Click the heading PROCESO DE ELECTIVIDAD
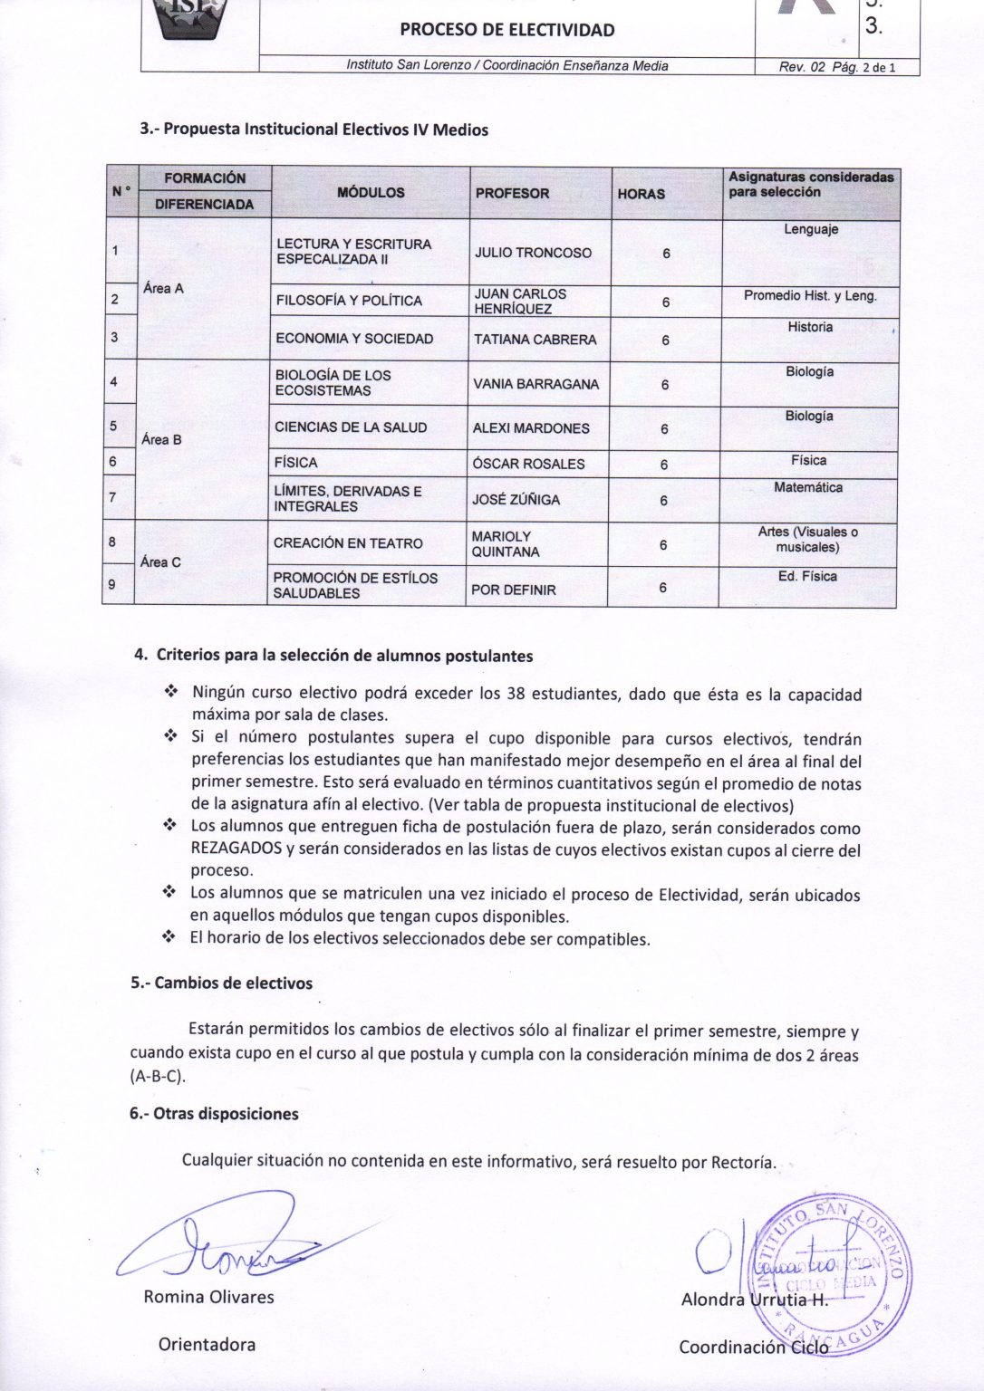point(506,30)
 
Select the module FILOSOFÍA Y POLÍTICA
point(349,301)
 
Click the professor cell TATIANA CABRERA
point(535,340)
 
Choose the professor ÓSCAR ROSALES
point(528,464)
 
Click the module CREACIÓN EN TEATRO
point(348,543)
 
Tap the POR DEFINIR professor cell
point(513,590)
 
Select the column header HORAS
point(641,194)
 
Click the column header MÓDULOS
point(371,193)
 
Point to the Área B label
point(161,440)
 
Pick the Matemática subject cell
point(808,487)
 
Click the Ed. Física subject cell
point(807,576)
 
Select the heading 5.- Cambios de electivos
point(221,983)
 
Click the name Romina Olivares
point(208,1297)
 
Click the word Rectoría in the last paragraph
point(742,1163)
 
